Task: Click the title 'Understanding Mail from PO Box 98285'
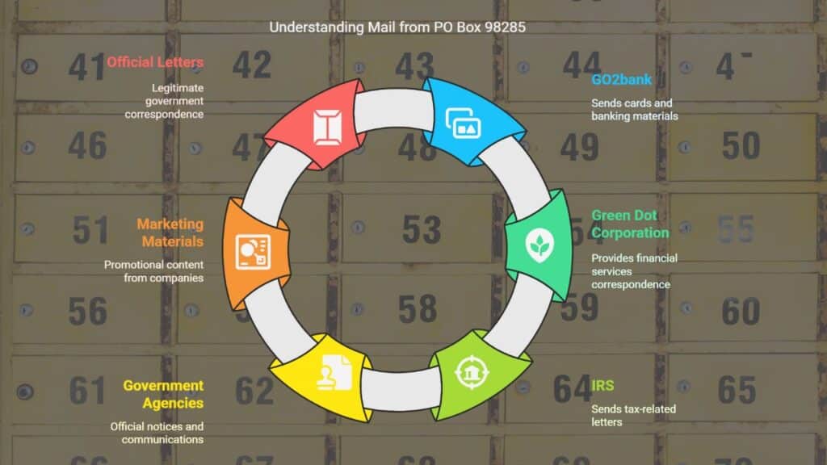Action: (397, 27)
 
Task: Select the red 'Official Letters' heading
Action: (155, 62)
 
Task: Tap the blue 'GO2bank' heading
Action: (621, 80)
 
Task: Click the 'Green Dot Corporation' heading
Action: (630, 224)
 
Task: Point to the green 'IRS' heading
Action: (602, 385)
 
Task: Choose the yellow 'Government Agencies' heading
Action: (163, 394)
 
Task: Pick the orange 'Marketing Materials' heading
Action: (170, 232)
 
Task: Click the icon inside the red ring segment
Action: (327, 127)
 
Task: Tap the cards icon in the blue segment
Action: (463, 123)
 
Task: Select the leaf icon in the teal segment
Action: (539, 245)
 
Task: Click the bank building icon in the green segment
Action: (471, 372)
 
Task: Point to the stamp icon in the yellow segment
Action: (334, 372)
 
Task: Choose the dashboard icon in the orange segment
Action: (253, 252)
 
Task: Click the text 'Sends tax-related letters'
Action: (633, 416)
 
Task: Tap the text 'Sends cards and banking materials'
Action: (635, 110)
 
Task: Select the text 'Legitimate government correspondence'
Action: (164, 101)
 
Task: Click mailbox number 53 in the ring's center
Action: (422, 229)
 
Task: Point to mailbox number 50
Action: (741, 146)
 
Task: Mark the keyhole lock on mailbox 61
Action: (25, 392)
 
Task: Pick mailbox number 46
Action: (87, 146)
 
